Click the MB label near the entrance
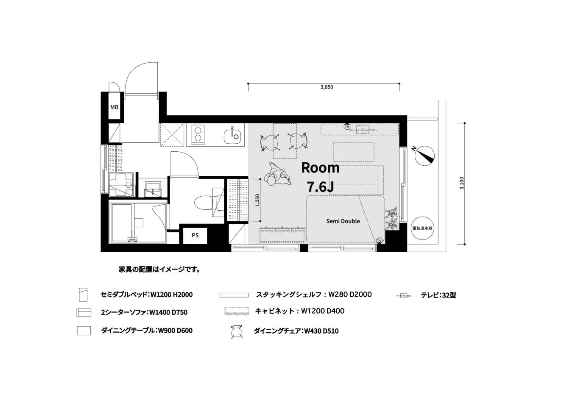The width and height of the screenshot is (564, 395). [114, 107]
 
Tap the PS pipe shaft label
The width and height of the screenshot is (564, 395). [195, 235]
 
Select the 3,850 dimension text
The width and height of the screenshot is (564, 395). [327, 87]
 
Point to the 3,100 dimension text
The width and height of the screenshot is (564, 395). [461, 183]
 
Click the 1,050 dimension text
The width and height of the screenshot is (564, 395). [257, 200]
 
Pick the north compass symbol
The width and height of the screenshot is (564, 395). [424, 156]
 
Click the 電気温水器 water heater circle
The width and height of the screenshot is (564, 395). [422, 228]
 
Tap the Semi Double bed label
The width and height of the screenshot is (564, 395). [343, 221]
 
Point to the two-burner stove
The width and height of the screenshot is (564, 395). [198, 135]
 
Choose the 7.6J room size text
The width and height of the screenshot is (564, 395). [320, 186]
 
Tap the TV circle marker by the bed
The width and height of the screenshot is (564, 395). [379, 241]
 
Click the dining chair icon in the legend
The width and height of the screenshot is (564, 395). [237, 331]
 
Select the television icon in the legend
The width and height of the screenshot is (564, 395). [403, 295]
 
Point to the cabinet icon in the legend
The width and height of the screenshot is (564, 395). [237, 311]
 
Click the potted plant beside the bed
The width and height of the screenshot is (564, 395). [391, 218]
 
